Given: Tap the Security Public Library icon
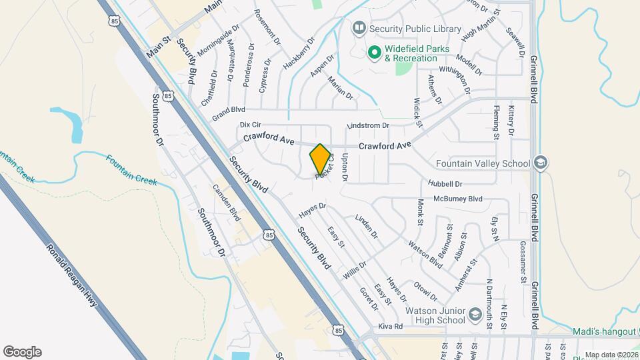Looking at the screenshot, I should click(359, 28).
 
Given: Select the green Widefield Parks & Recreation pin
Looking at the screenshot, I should click(375, 51).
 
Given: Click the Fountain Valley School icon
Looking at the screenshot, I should click(540, 163).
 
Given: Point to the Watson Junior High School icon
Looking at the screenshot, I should click(475, 314).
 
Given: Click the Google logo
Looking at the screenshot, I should click(22, 352).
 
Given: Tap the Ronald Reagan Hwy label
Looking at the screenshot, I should click(72, 276).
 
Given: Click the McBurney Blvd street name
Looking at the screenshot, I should click(457, 199).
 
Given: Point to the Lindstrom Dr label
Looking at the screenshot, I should click(368, 126).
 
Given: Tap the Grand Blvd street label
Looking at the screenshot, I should click(229, 109).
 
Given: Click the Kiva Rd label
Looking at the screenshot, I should click(391, 327).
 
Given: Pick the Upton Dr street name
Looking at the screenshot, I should click(345, 167).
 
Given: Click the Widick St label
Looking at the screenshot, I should click(418, 112).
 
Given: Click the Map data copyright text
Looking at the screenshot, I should click(610, 355).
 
